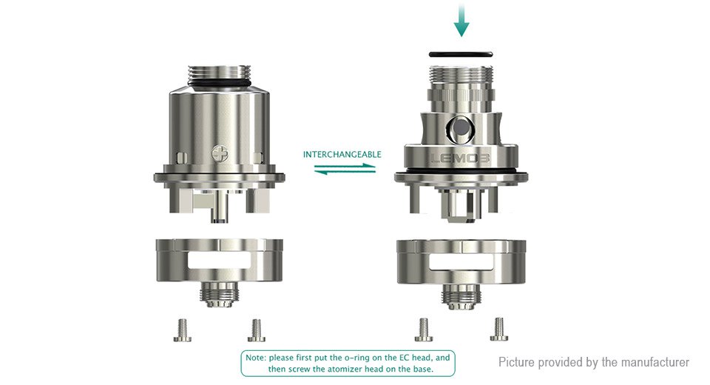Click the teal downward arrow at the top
click(461, 21)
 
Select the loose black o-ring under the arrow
click(461, 54)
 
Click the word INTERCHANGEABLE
click(342, 155)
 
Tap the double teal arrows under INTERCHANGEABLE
click(345, 169)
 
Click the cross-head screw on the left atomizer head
click(220, 154)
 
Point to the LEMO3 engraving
click(459, 158)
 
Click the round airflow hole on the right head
click(461, 129)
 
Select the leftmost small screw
click(182, 330)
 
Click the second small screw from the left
click(257, 330)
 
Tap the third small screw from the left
click(424, 329)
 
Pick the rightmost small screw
click(498, 329)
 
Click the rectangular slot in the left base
click(220, 263)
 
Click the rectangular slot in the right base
click(461, 262)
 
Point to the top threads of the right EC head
click(460, 76)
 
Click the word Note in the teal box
click(255, 358)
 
